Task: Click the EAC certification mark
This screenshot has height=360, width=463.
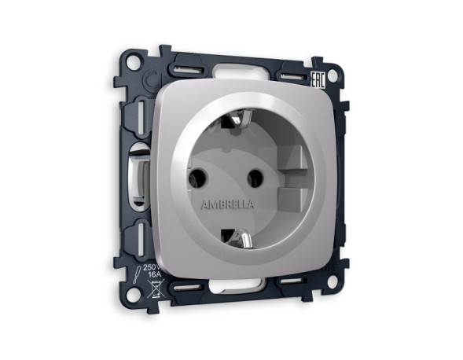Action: (x=318, y=61)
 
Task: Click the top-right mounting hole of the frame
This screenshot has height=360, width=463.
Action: (x=331, y=75)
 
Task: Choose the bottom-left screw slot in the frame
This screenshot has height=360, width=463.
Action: (x=132, y=236)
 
